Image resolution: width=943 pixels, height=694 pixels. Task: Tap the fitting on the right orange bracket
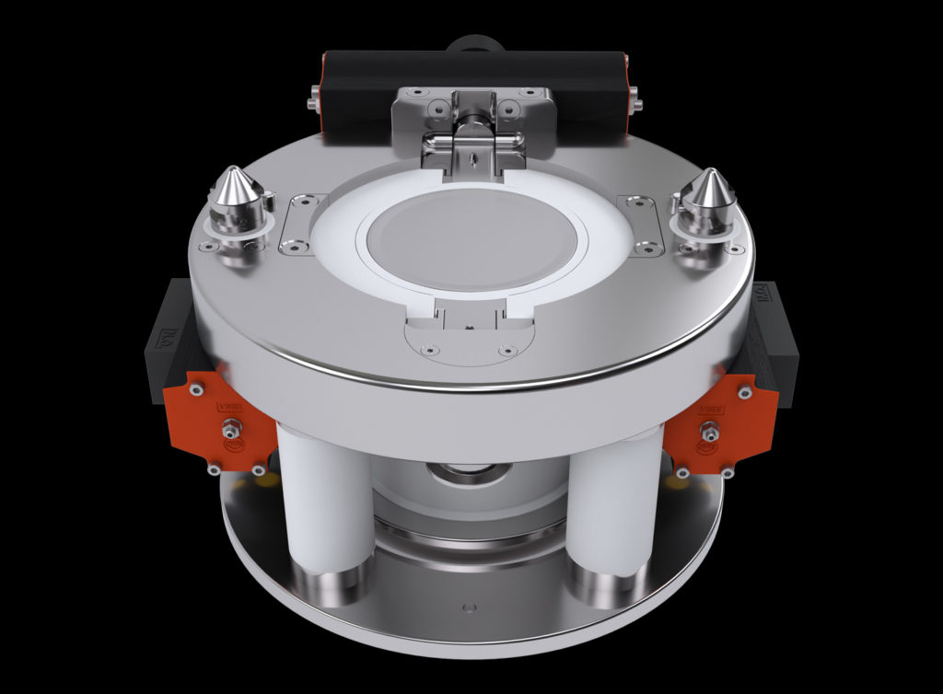710,429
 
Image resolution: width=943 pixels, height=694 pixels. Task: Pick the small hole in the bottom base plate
469,607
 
